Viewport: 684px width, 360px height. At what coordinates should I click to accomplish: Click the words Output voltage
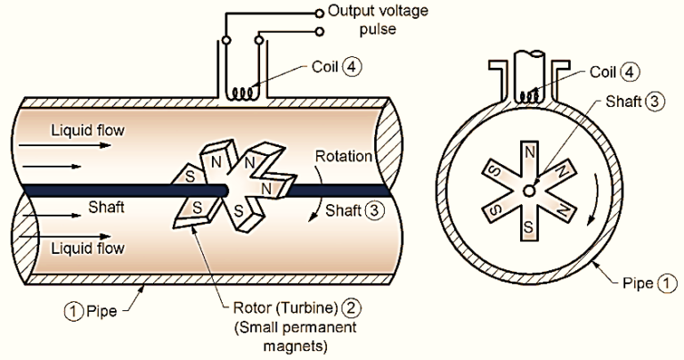tap(376, 12)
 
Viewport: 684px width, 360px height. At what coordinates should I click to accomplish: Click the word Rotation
tap(343, 157)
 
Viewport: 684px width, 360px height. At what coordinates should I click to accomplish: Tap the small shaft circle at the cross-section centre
tap(530, 190)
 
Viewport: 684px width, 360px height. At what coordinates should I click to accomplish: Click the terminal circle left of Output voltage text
tap(321, 12)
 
